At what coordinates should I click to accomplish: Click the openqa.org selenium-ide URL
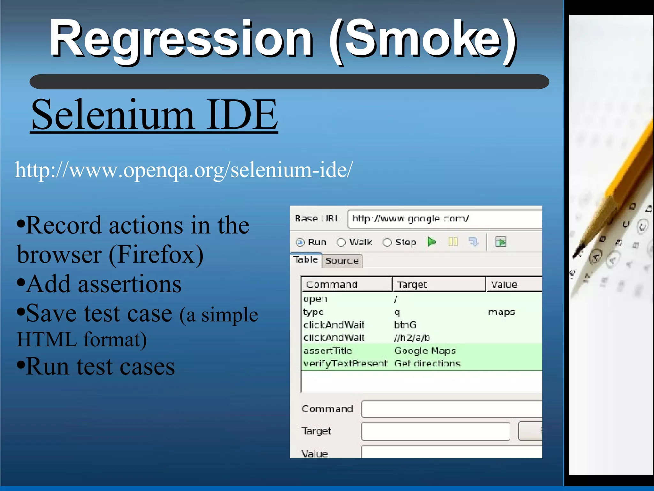(184, 170)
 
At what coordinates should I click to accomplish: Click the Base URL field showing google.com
(444, 219)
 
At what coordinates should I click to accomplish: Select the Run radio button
(300, 242)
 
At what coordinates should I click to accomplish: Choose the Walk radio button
(341, 242)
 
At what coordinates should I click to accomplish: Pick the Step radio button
(387, 242)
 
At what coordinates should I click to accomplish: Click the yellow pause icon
(453, 242)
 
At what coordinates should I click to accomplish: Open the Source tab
(342, 261)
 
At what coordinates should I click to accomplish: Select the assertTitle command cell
(328, 351)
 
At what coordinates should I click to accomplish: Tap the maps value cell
(501, 312)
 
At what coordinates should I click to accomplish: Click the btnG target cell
(405, 325)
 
